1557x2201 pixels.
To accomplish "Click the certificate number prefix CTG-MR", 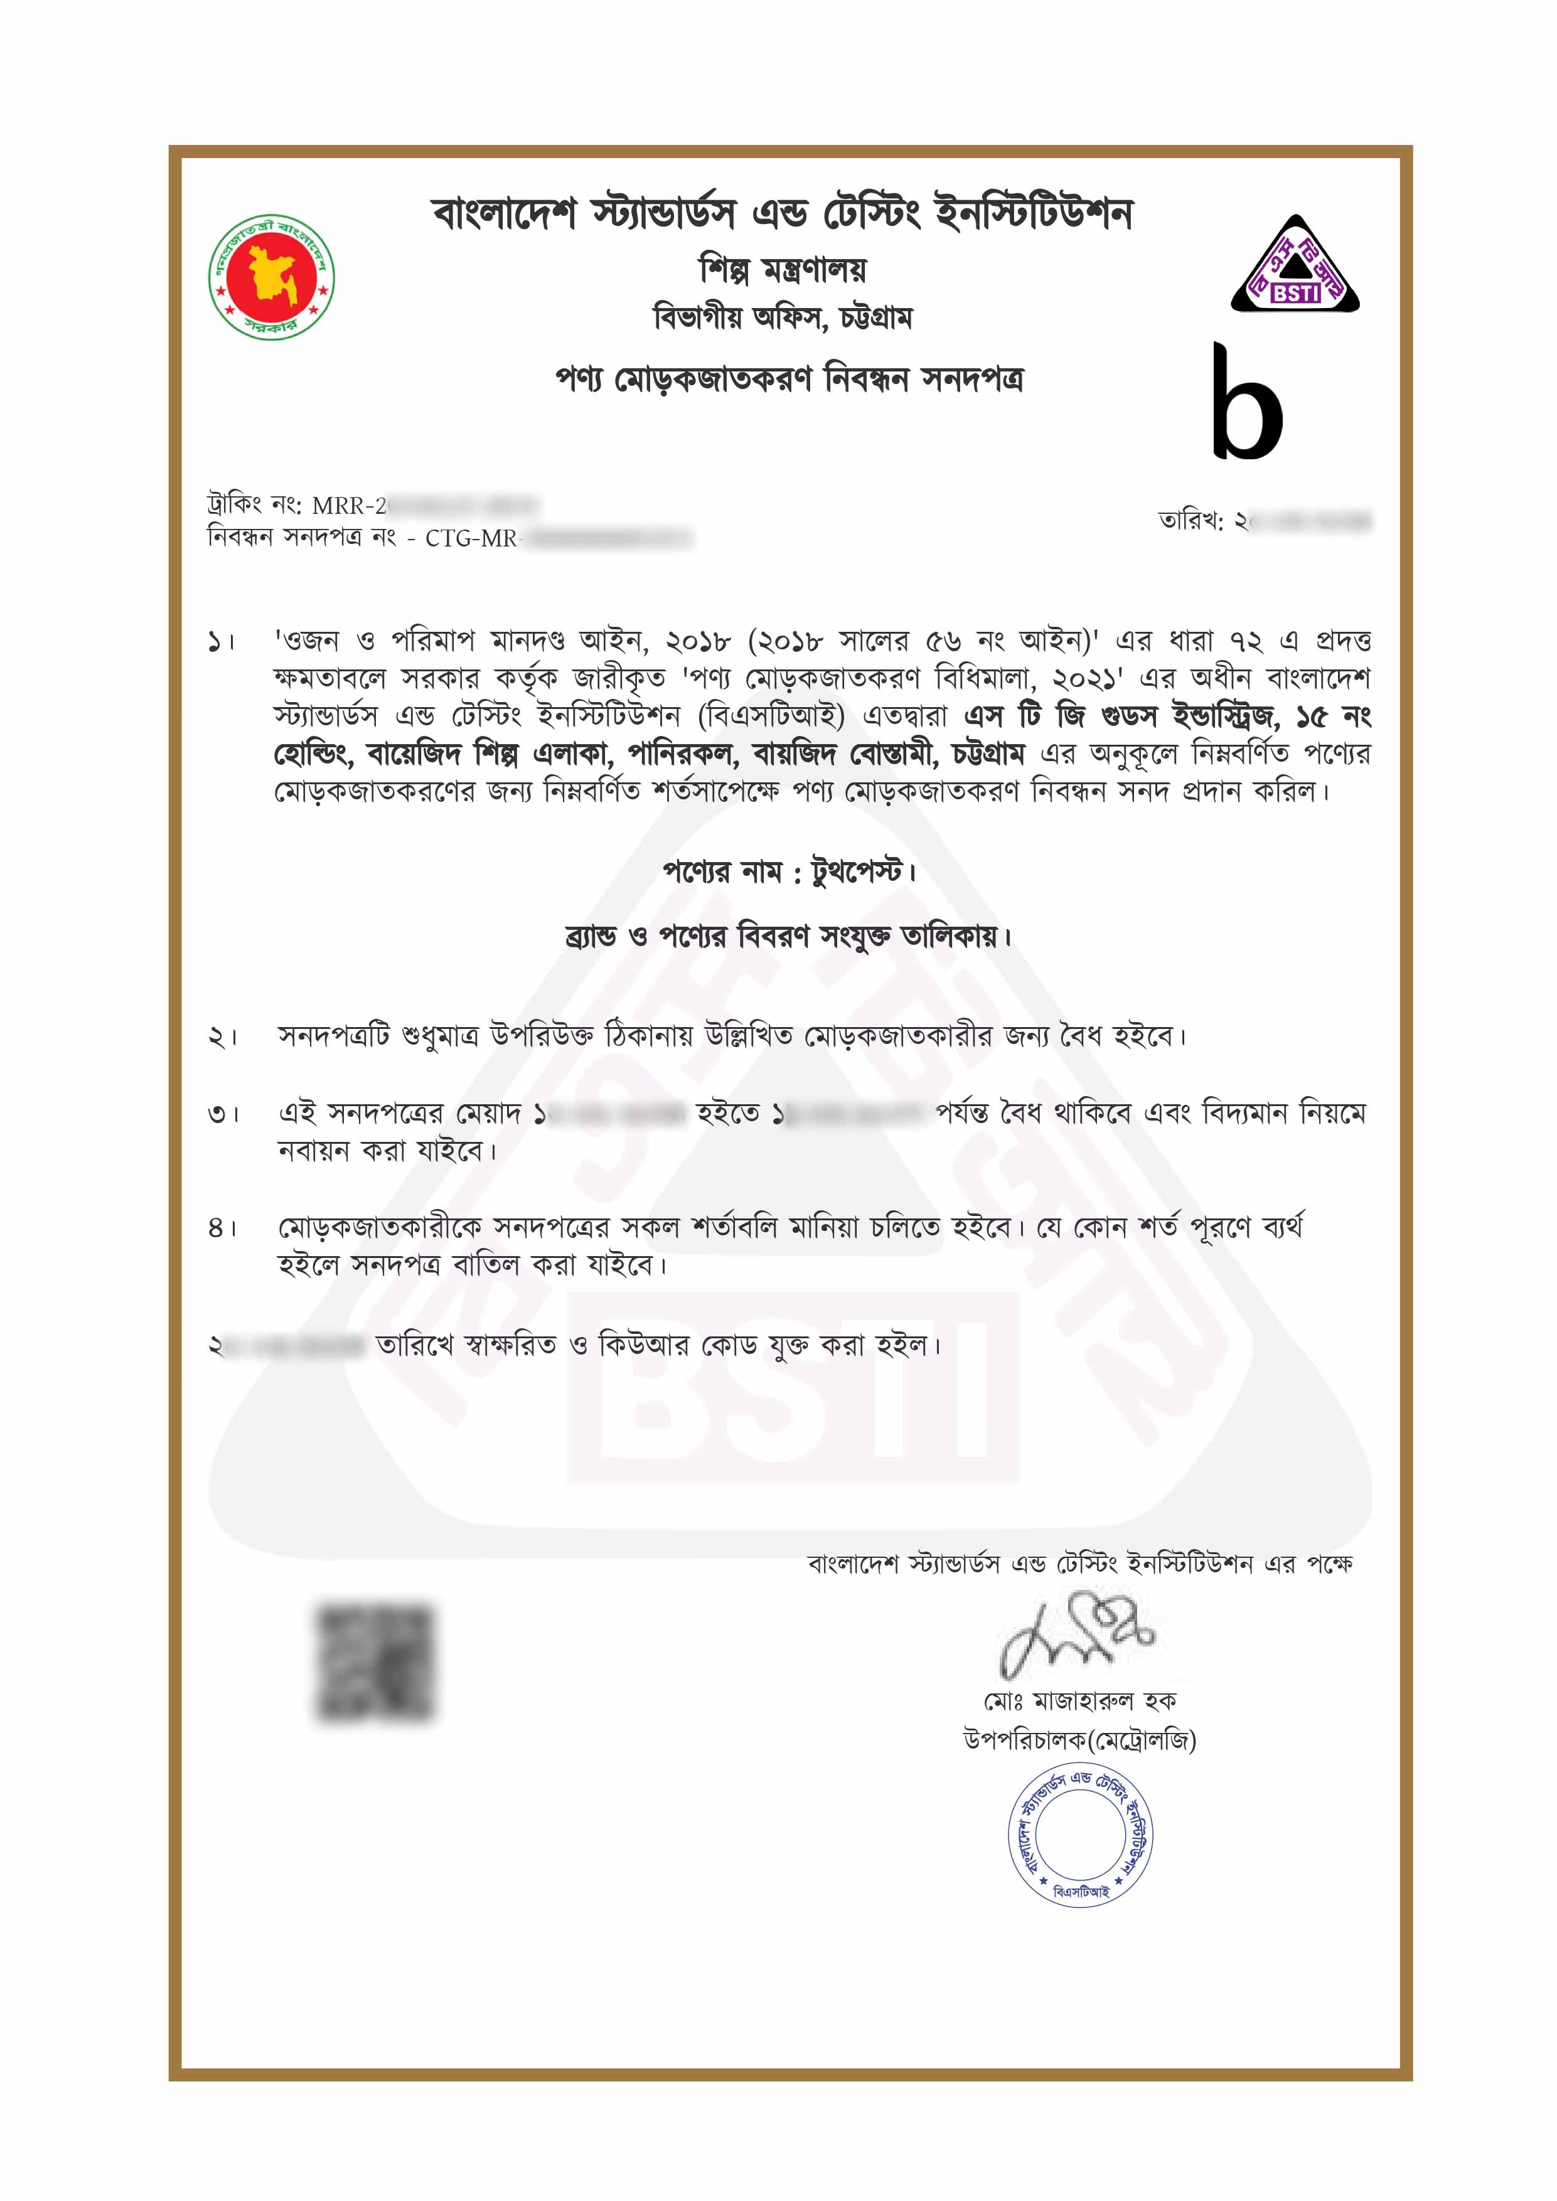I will tap(470, 539).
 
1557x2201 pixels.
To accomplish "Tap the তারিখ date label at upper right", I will tap(1190, 521).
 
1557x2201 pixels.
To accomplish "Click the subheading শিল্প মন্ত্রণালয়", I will tap(783, 270).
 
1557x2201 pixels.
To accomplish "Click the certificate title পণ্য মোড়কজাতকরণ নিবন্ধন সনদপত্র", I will tap(789, 380).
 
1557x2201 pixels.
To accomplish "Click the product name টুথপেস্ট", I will tap(856, 871).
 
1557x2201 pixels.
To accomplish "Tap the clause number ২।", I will tap(222, 1037).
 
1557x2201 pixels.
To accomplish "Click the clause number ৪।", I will tap(222, 1228).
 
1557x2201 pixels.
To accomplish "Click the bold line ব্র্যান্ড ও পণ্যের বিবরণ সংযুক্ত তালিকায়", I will tap(788, 935).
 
